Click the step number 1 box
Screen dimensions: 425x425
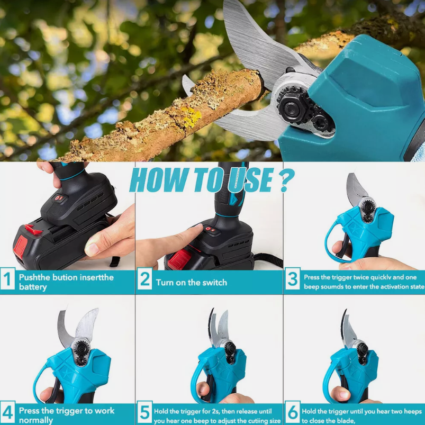pyautogui.click(x=7, y=281)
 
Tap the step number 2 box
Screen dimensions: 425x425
pyautogui.click(x=145, y=281)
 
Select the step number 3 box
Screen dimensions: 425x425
pyautogui.click(x=293, y=281)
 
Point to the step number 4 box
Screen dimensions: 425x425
pyautogui.click(x=7, y=414)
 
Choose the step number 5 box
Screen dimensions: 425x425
pyautogui.click(x=145, y=414)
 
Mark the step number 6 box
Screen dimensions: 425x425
pyautogui.click(x=293, y=414)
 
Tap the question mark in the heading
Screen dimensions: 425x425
pyautogui.click(x=285, y=180)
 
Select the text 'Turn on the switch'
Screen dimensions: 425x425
pyautogui.click(x=191, y=282)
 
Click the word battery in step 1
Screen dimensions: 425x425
pyautogui.click(x=33, y=287)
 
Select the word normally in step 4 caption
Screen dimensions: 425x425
pyautogui.click(x=36, y=420)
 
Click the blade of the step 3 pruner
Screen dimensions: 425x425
pyautogui.click(x=355, y=186)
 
